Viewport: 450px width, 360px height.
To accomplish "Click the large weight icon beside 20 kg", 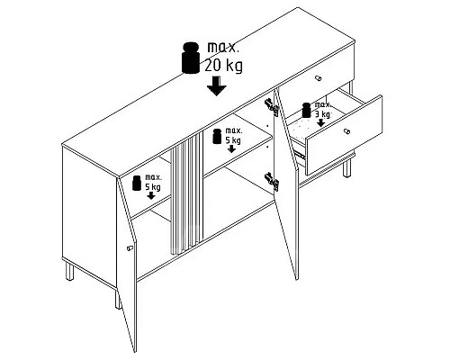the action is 191,58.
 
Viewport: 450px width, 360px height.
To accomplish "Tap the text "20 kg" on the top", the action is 223,66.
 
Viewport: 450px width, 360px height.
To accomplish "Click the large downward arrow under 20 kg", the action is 216,85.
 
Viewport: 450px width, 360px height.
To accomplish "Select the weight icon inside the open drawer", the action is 306,110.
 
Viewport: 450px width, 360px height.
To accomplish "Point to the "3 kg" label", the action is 322,114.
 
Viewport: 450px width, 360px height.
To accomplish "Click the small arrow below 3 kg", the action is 320,122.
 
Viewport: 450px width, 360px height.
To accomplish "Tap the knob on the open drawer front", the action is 346,131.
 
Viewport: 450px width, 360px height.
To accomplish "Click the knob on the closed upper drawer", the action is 318,78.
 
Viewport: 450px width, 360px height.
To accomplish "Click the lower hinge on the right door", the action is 272,182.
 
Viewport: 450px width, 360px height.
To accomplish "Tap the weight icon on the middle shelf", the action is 217,136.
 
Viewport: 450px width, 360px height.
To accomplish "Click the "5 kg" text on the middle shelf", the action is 233,140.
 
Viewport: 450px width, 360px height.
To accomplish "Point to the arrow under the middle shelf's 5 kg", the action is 231,148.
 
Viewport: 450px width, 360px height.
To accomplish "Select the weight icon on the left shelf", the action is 137,183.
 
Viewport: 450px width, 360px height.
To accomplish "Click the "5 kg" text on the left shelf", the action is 153,187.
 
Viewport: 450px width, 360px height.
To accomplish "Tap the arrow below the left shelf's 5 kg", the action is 151,195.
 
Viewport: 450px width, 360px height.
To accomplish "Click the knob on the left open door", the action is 130,248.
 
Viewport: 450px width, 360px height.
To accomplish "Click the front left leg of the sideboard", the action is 119,299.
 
